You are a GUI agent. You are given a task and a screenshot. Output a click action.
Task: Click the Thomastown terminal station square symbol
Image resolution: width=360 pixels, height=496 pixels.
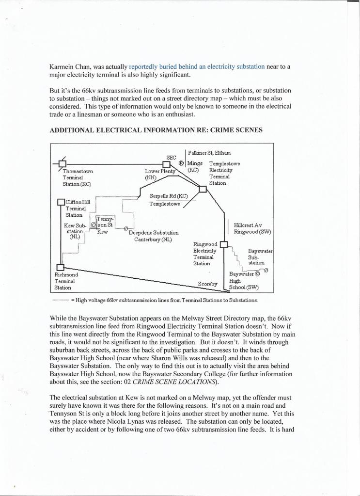(63, 163)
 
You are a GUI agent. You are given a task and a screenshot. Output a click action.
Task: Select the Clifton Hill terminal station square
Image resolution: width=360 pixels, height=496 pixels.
(61, 202)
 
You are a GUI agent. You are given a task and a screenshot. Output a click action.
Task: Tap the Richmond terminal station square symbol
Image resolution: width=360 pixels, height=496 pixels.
(60, 267)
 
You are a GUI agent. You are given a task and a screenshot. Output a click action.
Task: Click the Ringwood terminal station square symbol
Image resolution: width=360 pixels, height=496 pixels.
(224, 244)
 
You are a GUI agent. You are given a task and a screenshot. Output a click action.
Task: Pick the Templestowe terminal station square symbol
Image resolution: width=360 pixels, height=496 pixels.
(203, 190)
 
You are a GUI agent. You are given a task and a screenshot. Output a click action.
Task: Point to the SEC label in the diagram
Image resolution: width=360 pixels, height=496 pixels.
(171, 157)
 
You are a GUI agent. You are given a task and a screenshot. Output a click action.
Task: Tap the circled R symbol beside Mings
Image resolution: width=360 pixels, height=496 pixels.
(181, 163)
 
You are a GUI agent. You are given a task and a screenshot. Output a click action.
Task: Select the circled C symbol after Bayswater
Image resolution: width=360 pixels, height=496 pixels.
(257, 273)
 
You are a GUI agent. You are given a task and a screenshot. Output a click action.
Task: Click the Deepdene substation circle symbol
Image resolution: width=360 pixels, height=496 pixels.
(126, 228)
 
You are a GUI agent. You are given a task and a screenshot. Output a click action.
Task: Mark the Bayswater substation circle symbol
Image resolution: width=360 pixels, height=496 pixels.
(266, 270)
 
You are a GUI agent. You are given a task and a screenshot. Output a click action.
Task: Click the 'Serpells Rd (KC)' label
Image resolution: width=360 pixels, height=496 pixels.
(168, 196)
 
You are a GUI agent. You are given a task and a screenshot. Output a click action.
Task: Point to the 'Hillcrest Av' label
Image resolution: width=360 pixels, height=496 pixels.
(248, 225)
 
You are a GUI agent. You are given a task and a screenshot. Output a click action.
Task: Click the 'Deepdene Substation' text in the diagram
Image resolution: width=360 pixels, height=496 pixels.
(153, 233)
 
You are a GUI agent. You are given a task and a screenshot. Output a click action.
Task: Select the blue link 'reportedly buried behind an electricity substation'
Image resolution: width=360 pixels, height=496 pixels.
(197, 65)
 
